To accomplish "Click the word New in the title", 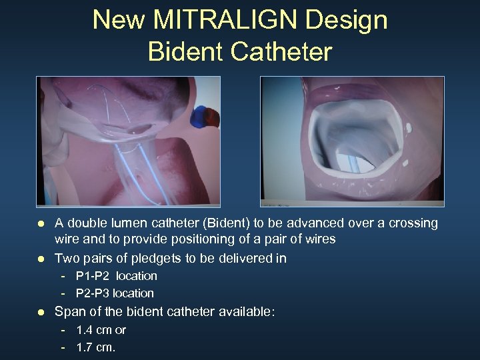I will point(118,20).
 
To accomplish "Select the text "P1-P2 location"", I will point(116,276).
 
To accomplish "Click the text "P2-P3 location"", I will point(115,293).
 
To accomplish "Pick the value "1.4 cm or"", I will point(101,330).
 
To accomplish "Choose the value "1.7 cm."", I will point(96,347).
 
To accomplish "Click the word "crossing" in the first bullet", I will point(412,223).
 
